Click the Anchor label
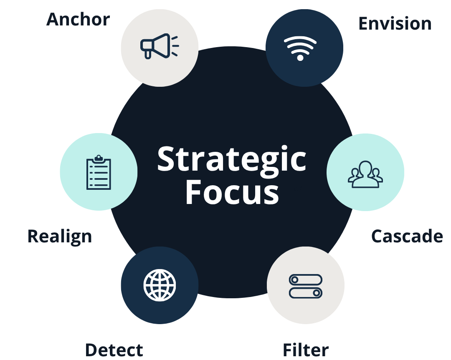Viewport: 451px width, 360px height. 78,20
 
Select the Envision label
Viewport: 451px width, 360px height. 395,23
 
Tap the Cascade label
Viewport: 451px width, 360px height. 407,236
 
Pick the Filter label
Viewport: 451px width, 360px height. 306,350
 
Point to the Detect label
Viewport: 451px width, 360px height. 114,350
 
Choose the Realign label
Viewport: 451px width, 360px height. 59,236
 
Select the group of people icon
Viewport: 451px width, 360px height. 365,174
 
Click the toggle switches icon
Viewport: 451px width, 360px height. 306,286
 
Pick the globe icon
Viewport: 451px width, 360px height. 160,285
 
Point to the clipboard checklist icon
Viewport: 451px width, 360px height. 99,173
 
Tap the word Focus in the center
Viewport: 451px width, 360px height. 232,192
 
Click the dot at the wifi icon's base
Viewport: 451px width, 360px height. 300,58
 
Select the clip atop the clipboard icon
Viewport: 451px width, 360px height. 99,158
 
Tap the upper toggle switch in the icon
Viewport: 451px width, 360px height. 306,279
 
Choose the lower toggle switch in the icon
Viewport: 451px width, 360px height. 306,293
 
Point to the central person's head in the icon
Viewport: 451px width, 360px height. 365,168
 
